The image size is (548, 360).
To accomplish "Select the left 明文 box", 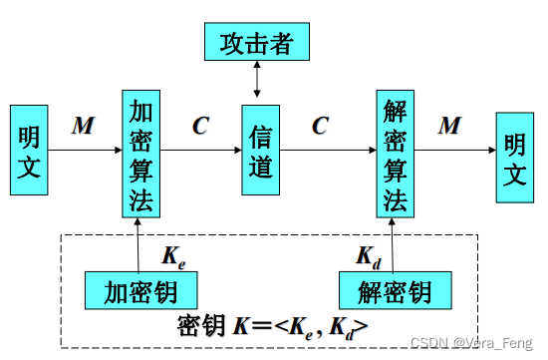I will [x=29, y=150].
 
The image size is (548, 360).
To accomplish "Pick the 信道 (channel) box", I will [x=260, y=151].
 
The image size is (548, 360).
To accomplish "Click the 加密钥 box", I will [x=141, y=291].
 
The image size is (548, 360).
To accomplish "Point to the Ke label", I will [x=173, y=255].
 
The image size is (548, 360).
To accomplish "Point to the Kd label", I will [x=368, y=255].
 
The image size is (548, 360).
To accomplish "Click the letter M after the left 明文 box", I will [x=83, y=126].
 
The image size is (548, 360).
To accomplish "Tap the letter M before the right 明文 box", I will [x=450, y=126].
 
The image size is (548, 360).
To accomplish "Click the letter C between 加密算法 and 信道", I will [x=201, y=126].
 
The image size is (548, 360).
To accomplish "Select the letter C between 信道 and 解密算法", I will [x=320, y=126].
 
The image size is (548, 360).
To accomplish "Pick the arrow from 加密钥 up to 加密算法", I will [x=141, y=243].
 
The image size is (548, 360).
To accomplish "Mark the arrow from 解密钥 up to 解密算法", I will [x=395, y=243].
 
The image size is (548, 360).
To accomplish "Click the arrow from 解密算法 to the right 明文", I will [x=455, y=151].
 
